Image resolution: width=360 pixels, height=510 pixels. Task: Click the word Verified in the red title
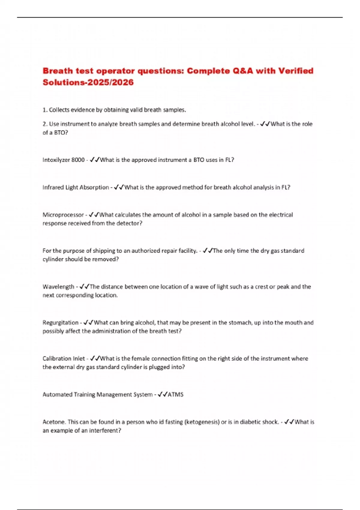(x=296, y=71)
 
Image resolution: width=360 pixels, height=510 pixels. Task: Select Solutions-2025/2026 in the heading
(x=88, y=82)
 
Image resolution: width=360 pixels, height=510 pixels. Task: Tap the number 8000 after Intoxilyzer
(x=78, y=160)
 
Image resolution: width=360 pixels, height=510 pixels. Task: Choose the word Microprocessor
(x=63, y=215)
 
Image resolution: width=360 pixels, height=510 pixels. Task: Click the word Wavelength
(x=58, y=286)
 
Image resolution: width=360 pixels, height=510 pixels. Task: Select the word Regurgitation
(x=60, y=322)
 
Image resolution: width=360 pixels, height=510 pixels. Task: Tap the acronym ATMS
(x=175, y=394)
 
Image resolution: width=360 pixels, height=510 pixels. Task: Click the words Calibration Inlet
(x=64, y=358)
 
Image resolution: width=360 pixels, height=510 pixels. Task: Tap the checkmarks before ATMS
(x=162, y=394)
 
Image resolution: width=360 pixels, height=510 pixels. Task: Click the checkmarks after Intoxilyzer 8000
(x=94, y=160)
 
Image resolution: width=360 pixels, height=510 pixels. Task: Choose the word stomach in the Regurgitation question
(x=240, y=322)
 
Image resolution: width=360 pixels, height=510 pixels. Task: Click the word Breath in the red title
(x=58, y=71)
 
